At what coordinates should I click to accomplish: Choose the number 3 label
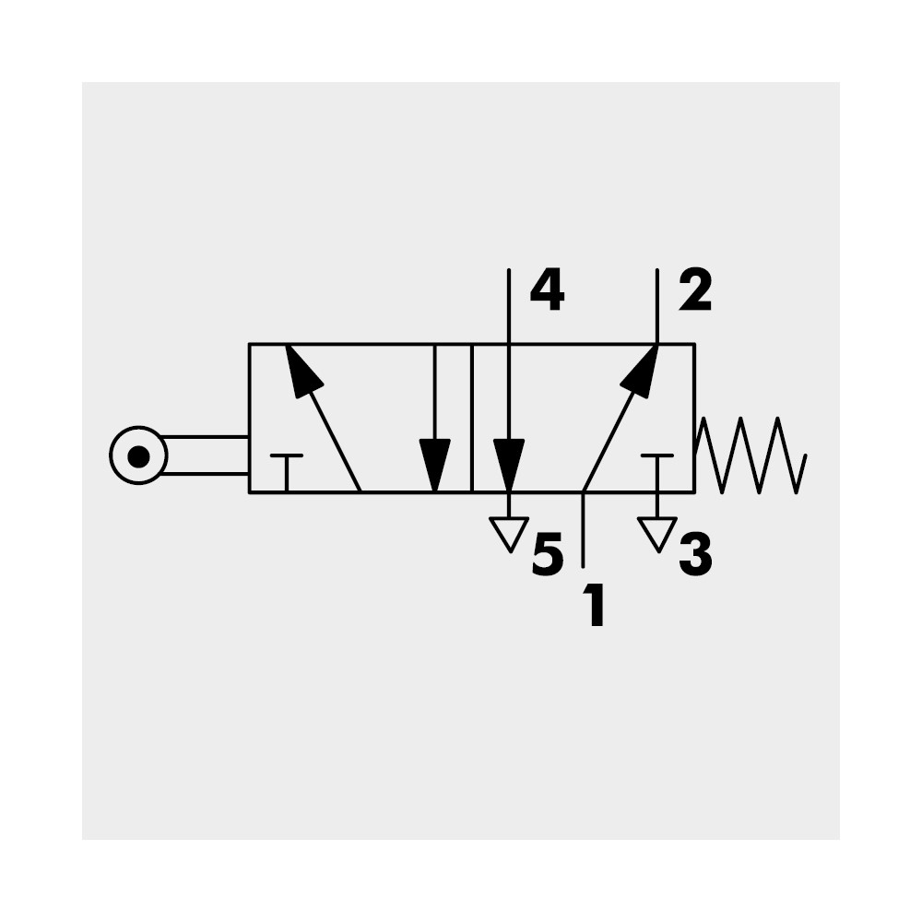coord(695,556)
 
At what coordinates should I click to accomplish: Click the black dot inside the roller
coord(138,455)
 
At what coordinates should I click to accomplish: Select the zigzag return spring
coord(751,455)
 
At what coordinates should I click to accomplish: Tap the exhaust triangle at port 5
coord(509,533)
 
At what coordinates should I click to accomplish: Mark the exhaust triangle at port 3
coord(656,533)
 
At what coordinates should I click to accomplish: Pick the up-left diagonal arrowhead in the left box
coord(301,371)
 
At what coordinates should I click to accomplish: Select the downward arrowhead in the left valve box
coord(434,463)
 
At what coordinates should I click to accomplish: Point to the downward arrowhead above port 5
coord(509,463)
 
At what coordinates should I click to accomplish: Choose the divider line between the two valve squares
coord(471,418)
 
